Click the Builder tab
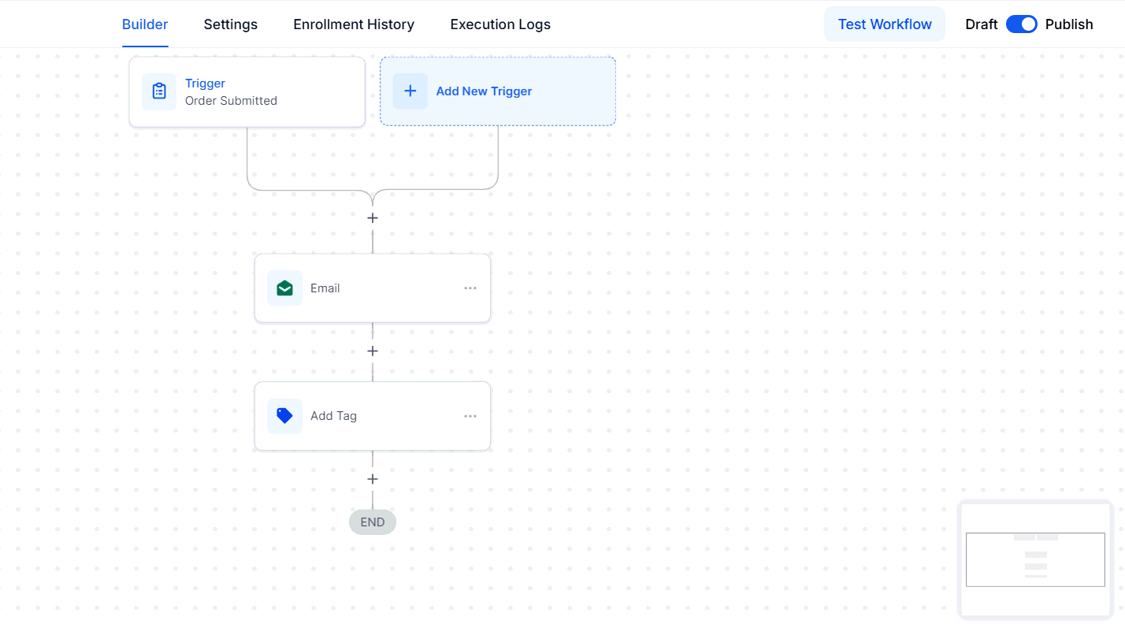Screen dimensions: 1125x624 tap(145, 24)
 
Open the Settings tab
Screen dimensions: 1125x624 tap(231, 24)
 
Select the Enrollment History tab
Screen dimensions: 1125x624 tap(354, 24)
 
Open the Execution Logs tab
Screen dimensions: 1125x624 tap(500, 24)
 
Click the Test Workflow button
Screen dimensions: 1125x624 tap(885, 24)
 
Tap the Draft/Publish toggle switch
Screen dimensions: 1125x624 tap(1021, 24)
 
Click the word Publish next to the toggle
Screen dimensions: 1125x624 tap(1069, 24)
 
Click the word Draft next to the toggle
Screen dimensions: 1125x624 tap(981, 24)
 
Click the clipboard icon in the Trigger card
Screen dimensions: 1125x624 tap(159, 91)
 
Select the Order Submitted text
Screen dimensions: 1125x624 tap(231, 101)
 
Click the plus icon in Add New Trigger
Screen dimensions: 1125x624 tap(410, 91)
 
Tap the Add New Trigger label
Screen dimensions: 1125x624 tap(484, 91)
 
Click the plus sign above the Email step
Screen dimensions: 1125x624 tap(372, 218)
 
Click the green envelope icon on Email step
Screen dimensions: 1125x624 tap(284, 288)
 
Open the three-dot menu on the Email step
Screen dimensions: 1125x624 tap(470, 288)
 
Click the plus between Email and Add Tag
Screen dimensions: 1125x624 tap(372, 351)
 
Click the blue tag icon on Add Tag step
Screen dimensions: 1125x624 tap(284, 415)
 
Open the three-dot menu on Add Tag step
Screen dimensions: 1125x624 tap(470, 416)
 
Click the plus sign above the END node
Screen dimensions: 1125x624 tap(372, 479)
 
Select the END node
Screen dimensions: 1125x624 tap(372, 522)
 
